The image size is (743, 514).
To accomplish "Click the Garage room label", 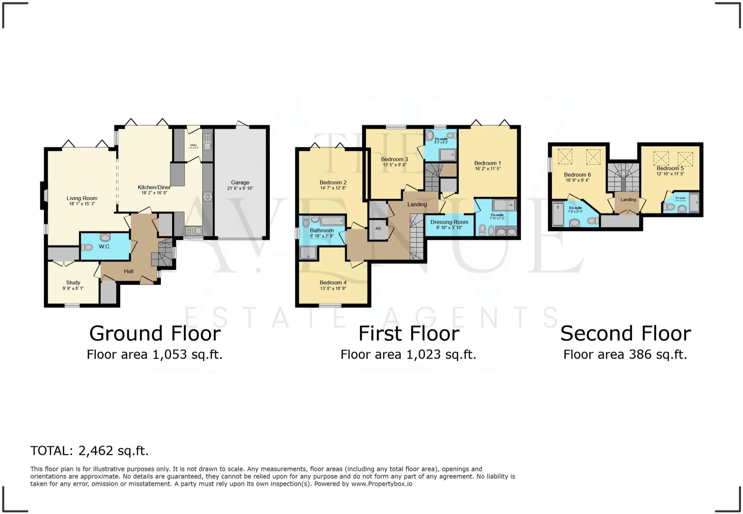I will pyautogui.click(x=240, y=182).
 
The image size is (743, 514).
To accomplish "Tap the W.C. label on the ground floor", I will pyautogui.click(x=105, y=247).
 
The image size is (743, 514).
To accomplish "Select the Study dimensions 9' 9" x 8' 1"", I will pyautogui.click(x=73, y=288).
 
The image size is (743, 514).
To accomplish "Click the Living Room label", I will pyautogui.click(x=82, y=198).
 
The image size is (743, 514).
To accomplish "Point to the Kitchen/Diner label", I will pyautogui.click(x=154, y=187).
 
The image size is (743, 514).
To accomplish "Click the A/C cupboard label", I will pyautogui.click(x=378, y=228).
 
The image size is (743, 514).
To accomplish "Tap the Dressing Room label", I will pyautogui.click(x=449, y=222).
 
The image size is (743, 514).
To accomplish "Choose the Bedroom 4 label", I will pyautogui.click(x=333, y=283).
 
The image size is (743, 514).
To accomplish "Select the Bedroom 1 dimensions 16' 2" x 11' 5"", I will pyautogui.click(x=487, y=169).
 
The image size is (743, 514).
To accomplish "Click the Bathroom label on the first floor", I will pyautogui.click(x=322, y=230).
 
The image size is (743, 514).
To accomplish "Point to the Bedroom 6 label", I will pyautogui.click(x=577, y=175).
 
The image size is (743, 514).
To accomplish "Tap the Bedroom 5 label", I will pyautogui.click(x=670, y=168).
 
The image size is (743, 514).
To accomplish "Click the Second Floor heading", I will pyautogui.click(x=625, y=334).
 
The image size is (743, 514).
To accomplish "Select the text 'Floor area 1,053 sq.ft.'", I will pyautogui.click(x=154, y=355).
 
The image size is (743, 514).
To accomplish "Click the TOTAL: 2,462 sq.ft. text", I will pyautogui.click(x=89, y=451).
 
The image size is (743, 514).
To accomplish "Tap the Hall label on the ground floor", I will pyautogui.click(x=129, y=271).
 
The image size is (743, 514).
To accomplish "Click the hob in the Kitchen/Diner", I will pyautogui.click(x=207, y=196).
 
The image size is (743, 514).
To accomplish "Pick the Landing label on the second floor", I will pyautogui.click(x=628, y=199).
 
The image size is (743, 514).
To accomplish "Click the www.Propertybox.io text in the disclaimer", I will pyautogui.click(x=382, y=484).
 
